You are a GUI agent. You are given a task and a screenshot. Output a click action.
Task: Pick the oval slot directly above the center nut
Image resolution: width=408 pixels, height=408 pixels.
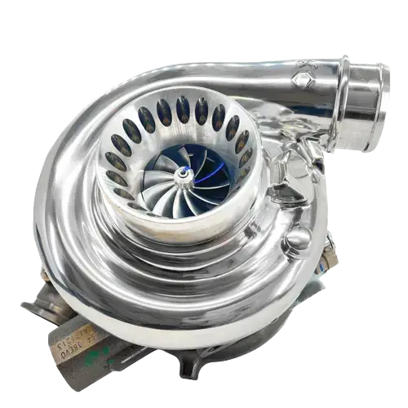[181, 109]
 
